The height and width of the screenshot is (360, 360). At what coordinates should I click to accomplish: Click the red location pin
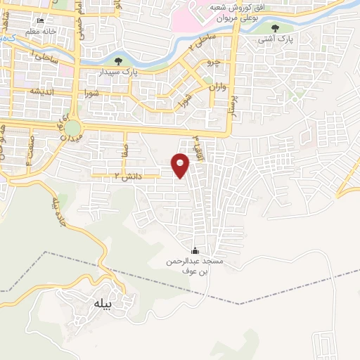(181, 165)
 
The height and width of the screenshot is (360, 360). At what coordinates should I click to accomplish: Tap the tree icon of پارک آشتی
(275, 28)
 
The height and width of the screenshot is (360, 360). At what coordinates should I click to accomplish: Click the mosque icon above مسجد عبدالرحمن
(195, 251)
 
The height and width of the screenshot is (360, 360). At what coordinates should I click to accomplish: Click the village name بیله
(103, 304)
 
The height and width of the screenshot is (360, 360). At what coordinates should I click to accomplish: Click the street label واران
(217, 88)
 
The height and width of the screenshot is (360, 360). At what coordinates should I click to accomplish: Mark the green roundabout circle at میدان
(72, 128)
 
